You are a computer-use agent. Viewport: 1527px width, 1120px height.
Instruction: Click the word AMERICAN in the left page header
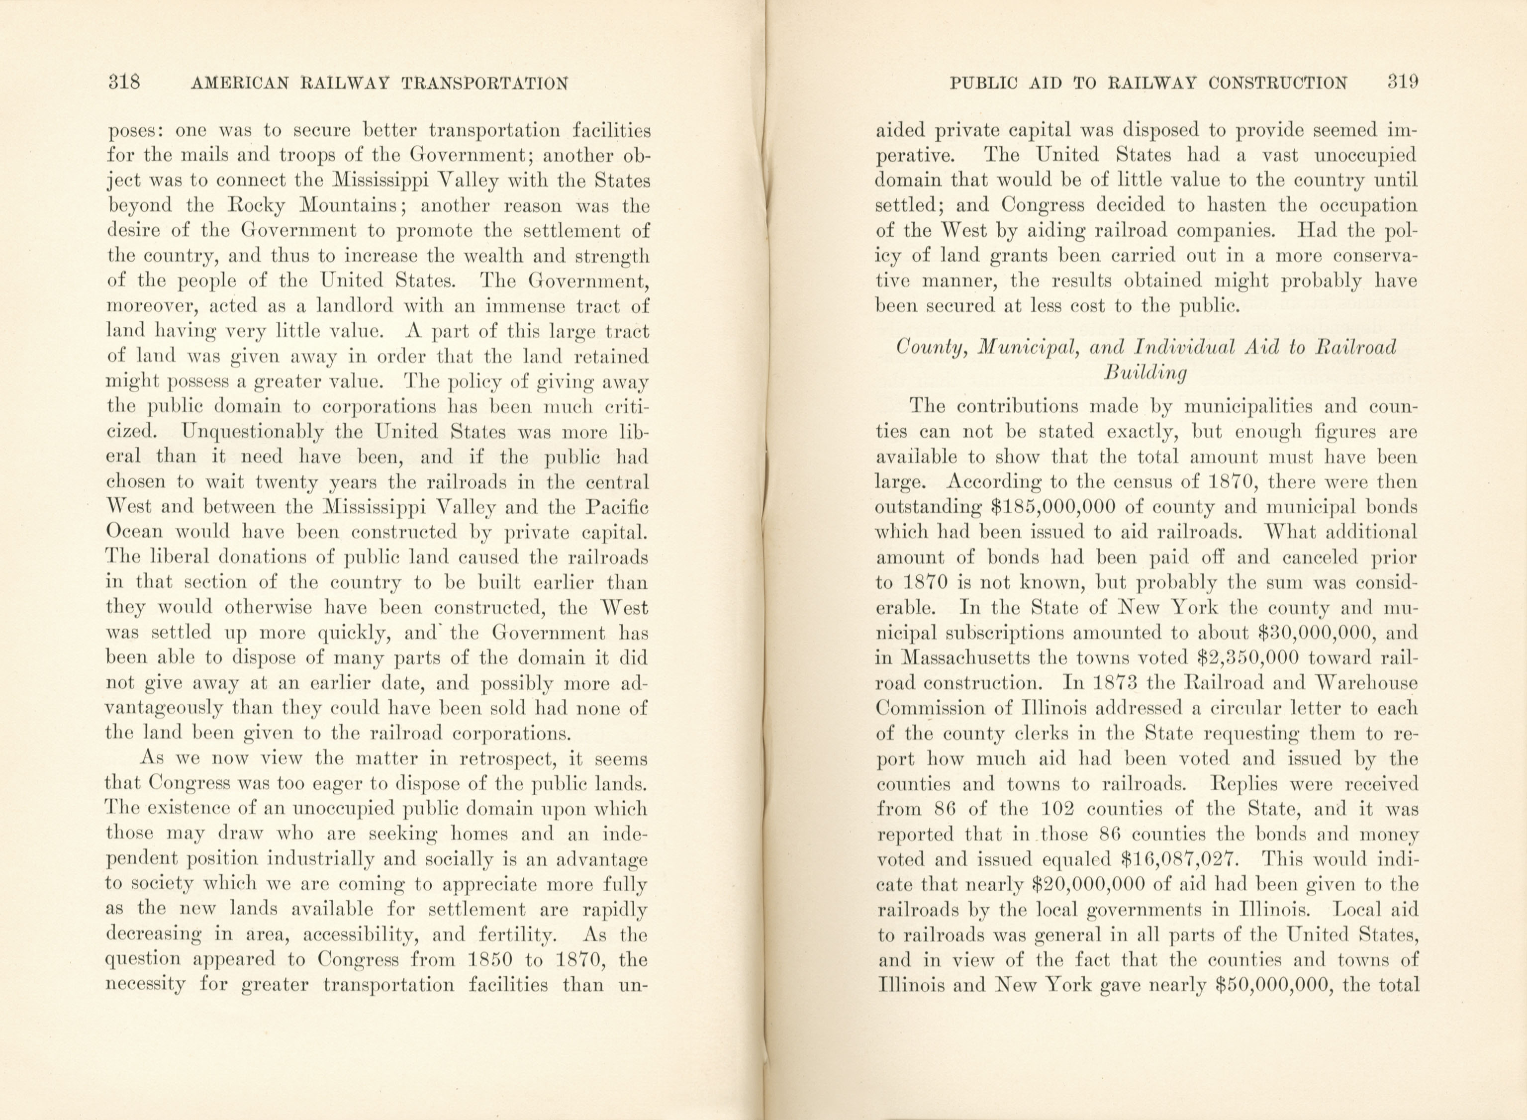240,84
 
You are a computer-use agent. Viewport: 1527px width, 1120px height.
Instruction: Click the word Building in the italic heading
1145,373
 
